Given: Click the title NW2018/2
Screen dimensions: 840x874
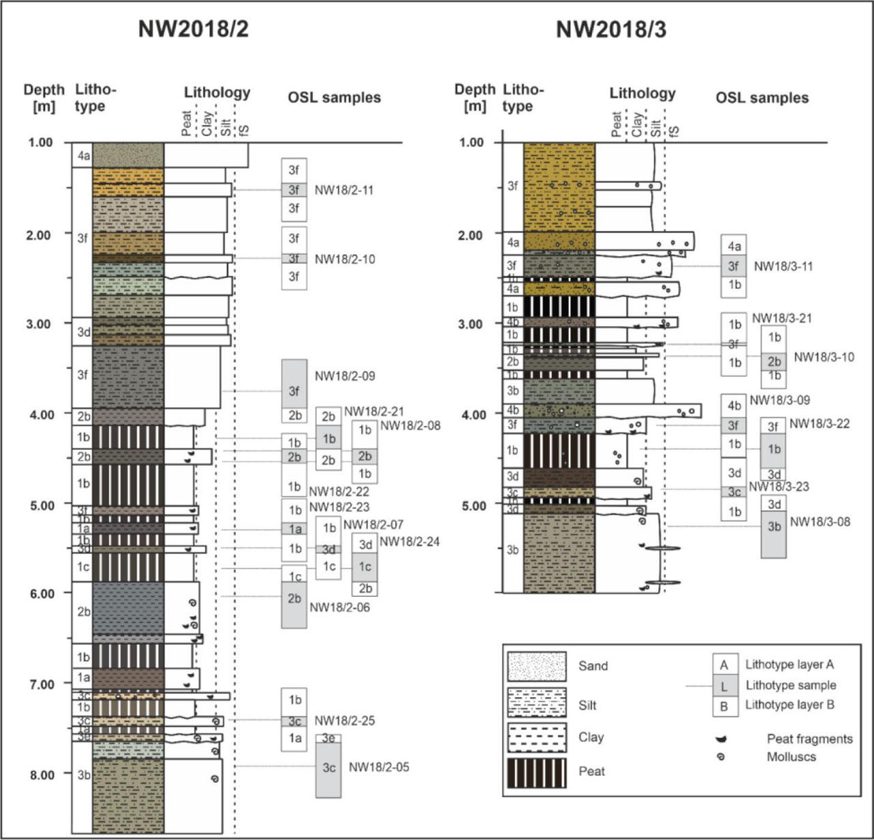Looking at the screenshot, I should pos(193,29).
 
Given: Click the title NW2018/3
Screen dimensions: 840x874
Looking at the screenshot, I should pos(610,29).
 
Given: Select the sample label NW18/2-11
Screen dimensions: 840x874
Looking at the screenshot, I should pos(344,190).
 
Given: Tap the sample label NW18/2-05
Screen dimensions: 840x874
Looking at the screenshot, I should pos(379,767).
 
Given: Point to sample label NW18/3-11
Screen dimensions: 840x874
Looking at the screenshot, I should pos(783,266).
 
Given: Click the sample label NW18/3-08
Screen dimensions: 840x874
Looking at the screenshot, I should pos(820,522).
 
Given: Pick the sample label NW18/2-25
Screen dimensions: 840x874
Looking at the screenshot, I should pos(345,720).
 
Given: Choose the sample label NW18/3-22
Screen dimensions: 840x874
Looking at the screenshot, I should pos(819,423).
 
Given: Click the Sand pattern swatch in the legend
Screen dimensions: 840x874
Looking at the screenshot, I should pos(537,667).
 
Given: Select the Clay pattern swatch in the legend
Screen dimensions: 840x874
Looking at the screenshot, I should pos(537,737).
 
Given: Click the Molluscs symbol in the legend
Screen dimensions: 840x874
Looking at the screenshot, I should pos(721,757).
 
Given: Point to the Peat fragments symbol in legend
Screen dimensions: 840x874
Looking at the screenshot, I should pos(721,739).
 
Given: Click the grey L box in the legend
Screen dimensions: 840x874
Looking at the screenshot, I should pos(724,686).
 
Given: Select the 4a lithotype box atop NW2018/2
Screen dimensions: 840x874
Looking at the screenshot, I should pos(83,156).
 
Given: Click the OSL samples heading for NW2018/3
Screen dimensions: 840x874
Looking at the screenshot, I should pos(762,98).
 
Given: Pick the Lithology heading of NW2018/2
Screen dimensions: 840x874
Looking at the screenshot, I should pos(217,93).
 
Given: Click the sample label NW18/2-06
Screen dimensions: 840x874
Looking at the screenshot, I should pos(340,607).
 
